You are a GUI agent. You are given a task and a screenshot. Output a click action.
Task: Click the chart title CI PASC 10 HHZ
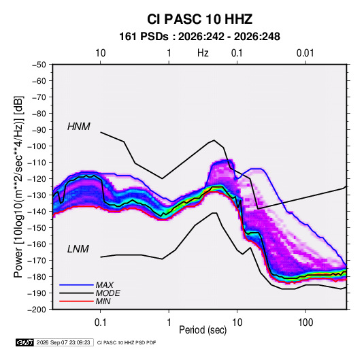click(199, 19)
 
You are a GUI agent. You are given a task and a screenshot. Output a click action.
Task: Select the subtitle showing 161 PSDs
click(199, 37)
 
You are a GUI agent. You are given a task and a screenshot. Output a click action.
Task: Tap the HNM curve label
click(79, 127)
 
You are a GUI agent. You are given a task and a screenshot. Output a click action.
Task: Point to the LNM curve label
click(78, 249)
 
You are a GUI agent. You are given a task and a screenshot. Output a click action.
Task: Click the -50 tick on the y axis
click(39, 65)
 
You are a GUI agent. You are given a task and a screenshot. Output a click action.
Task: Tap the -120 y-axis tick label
click(37, 179)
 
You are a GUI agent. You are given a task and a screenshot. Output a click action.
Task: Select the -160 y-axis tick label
click(37, 244)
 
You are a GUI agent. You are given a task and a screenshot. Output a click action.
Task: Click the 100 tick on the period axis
click(305, 323)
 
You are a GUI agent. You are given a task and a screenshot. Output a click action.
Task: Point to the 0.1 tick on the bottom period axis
click(100, 323)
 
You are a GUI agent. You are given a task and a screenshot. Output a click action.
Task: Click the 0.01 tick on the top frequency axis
click(305, 53)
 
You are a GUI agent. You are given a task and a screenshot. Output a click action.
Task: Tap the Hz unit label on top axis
click(203, 53)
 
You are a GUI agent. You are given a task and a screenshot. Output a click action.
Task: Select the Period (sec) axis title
click(203, 330)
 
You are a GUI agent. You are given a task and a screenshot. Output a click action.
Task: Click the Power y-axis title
click(19, 187)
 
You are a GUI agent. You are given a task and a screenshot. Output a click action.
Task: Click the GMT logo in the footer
click(25, 342)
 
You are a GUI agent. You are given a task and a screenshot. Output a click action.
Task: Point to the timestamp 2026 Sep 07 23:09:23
click(63, 342)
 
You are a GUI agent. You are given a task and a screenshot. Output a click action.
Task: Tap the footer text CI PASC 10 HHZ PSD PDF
click(127, 342)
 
